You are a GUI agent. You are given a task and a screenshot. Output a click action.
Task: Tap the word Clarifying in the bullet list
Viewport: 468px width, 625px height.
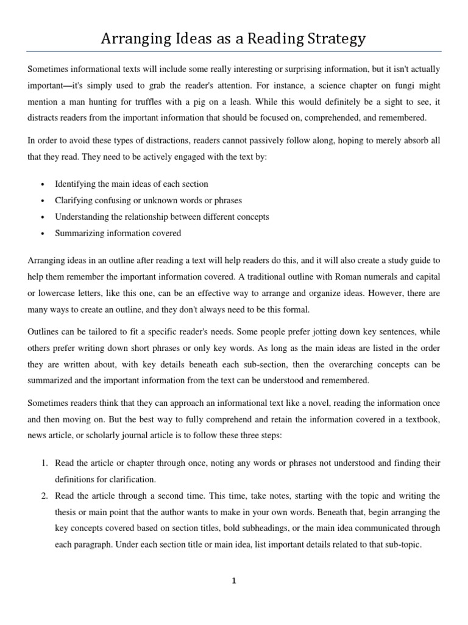click(x=74, y=200)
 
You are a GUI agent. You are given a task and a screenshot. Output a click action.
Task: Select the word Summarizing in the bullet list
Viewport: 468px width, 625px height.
click(x=78, y=233)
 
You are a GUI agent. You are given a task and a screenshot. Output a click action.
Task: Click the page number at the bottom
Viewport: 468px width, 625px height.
click(x=233, y=581)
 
